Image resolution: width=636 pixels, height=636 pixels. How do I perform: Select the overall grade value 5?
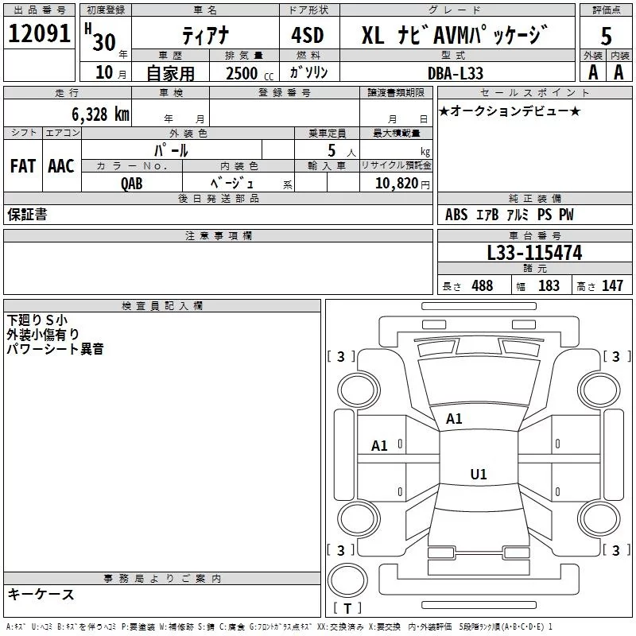606,37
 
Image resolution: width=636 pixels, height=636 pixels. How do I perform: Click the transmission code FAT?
23,166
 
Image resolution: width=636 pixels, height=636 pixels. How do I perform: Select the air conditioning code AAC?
61,166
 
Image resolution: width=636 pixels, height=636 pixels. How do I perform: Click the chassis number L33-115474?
534,253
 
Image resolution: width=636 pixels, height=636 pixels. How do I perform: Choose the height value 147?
611,285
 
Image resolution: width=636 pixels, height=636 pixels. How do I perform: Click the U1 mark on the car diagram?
479,475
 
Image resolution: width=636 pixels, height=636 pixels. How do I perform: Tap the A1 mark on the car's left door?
380,446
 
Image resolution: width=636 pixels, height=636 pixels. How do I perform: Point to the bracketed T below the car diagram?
347,608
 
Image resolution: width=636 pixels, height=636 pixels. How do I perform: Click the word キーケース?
41,594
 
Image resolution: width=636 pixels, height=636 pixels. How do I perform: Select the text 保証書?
27,215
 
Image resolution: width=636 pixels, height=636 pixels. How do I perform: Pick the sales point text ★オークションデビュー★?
510,111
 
